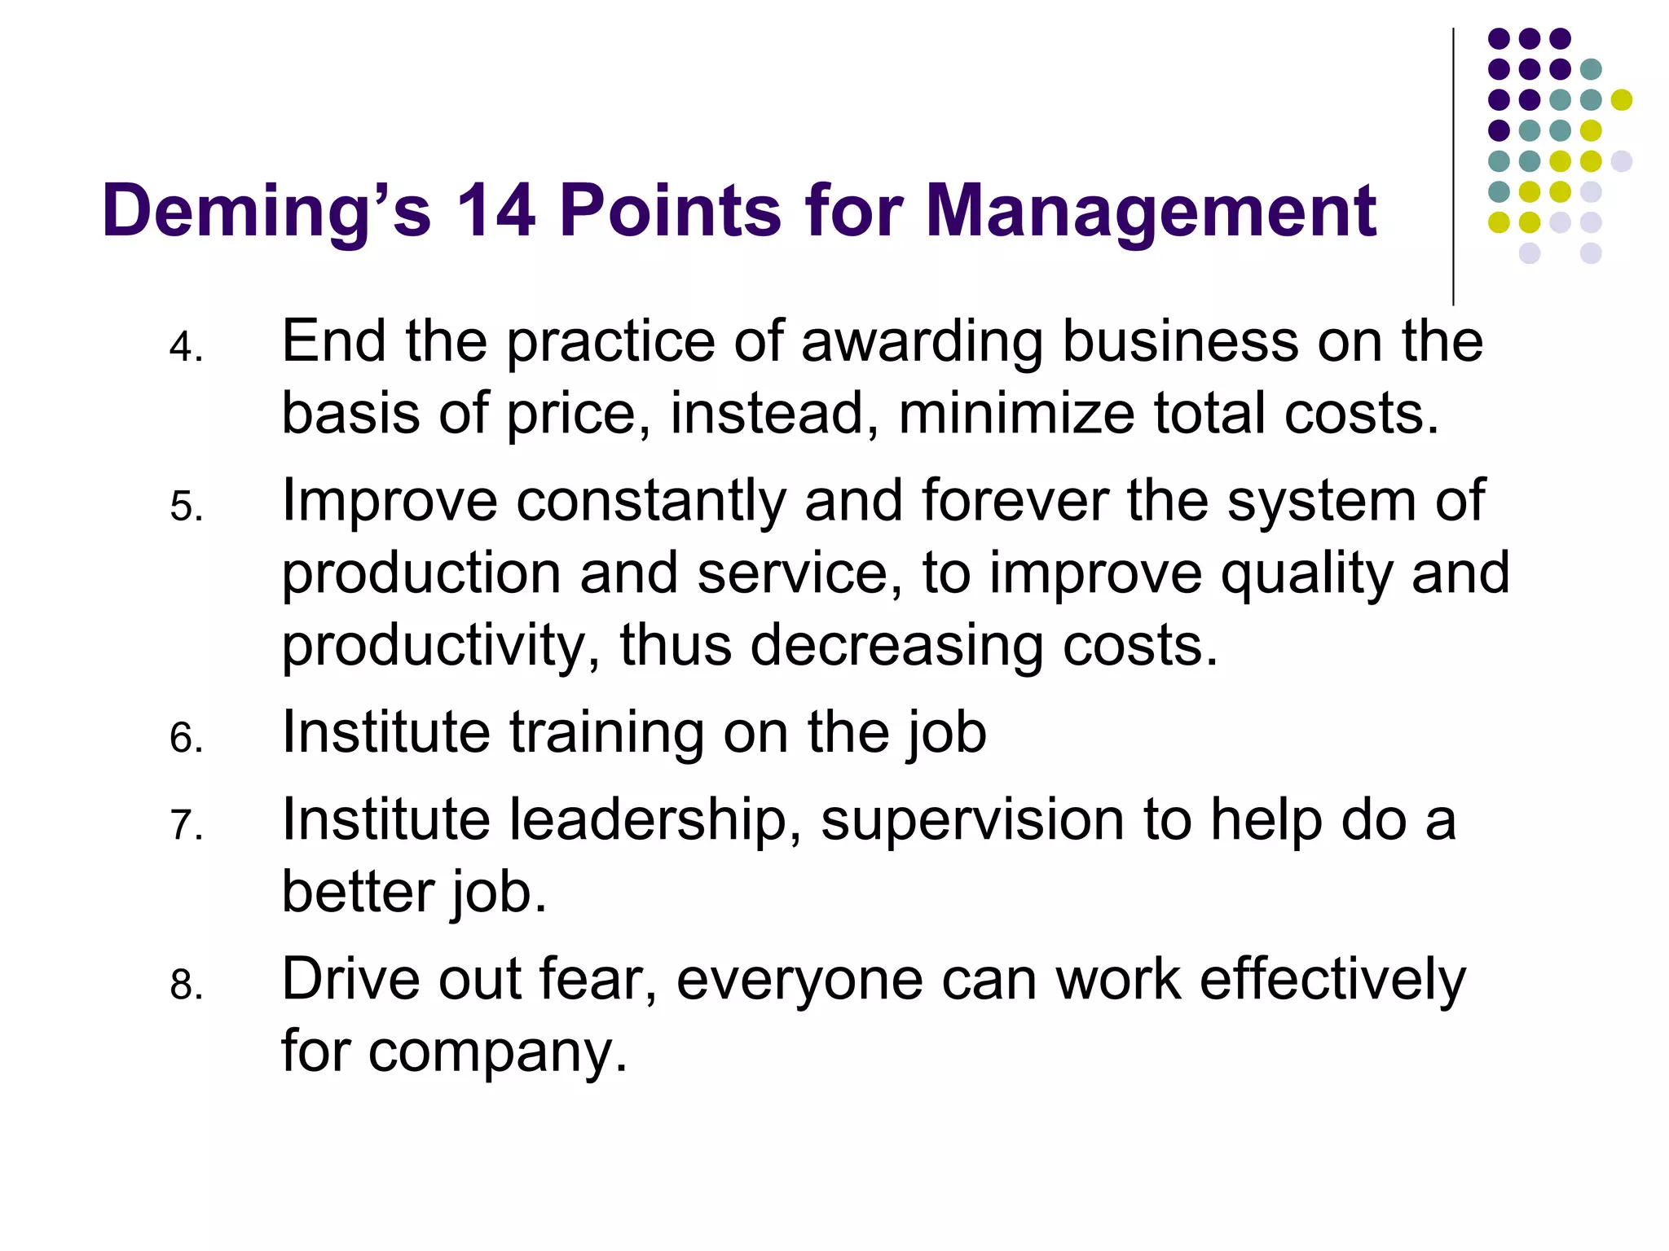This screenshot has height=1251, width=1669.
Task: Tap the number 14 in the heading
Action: point(495,210)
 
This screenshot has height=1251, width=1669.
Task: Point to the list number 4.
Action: point(186,348)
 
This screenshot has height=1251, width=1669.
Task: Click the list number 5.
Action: point(186,507)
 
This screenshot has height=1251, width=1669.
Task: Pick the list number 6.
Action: point(186,739)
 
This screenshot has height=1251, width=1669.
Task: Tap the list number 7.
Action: point(186,825)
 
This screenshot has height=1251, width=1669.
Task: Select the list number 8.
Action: point(186,985)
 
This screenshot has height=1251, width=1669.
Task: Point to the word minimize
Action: point(1016,414)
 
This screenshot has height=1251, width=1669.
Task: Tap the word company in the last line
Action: point(497,1052)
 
